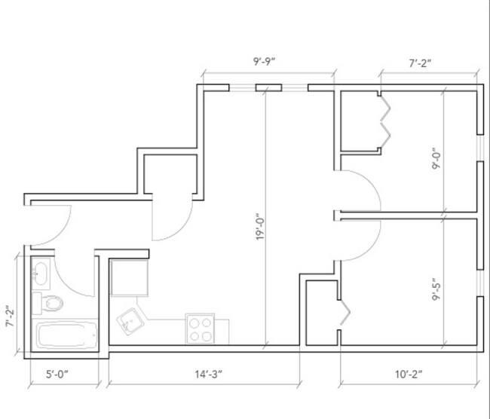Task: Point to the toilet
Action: (51, 303)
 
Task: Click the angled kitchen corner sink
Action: (131, 323)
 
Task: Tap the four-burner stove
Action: (201, 329)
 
